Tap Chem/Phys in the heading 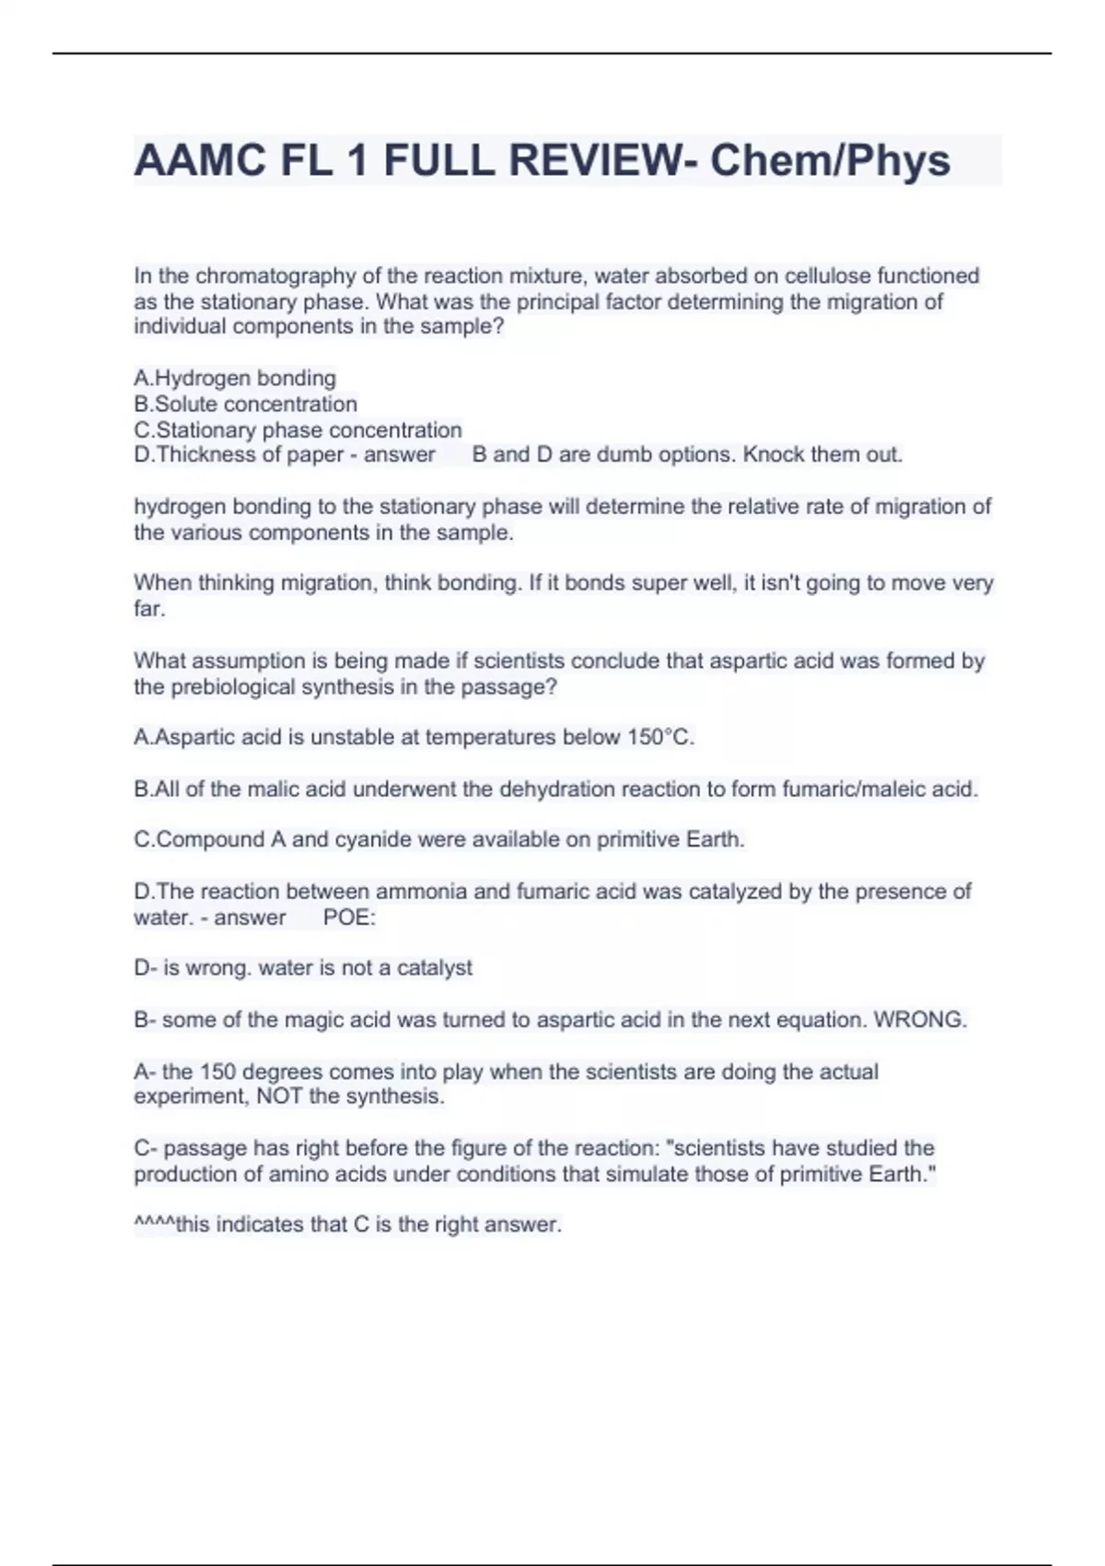pos(830,161)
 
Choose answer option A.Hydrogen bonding pos(235,379)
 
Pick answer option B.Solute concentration pos(245,404)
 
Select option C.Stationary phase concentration pos(297,430)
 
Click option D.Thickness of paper pos(238,455)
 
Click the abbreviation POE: pos(349,917)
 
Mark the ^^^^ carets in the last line pos(154,1223)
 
